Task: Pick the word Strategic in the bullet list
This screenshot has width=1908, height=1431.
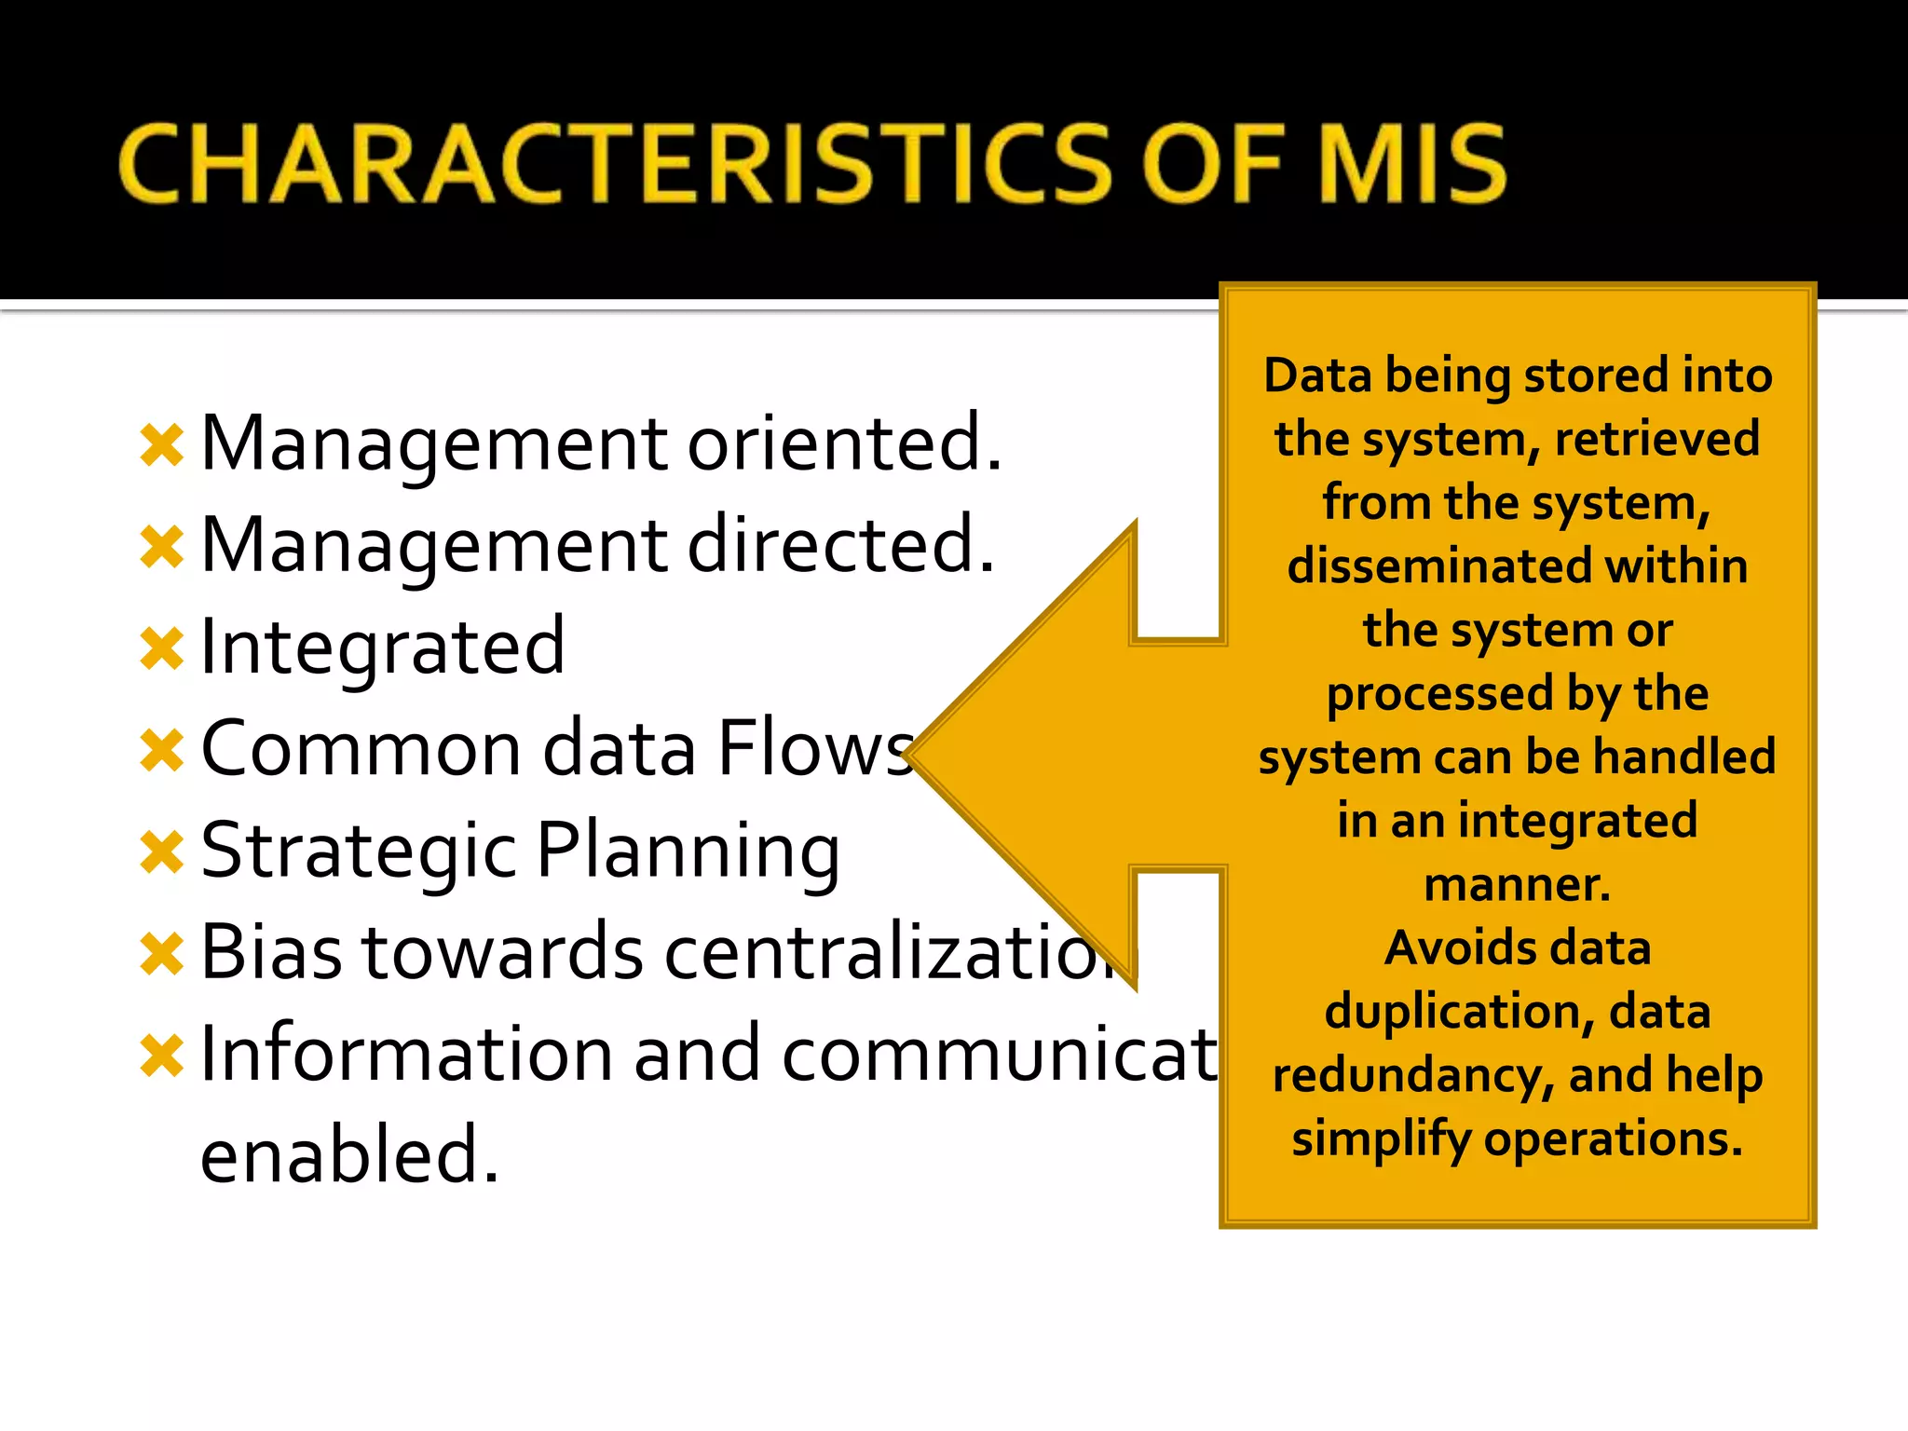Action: click(359, 852)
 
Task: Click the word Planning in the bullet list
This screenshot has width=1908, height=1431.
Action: click(688, 852)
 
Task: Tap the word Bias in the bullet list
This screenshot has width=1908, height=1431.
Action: click(271, 952)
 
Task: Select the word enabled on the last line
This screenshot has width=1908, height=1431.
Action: click(349, 1155)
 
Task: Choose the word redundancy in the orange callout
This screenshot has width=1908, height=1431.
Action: click(1412, 1076)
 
